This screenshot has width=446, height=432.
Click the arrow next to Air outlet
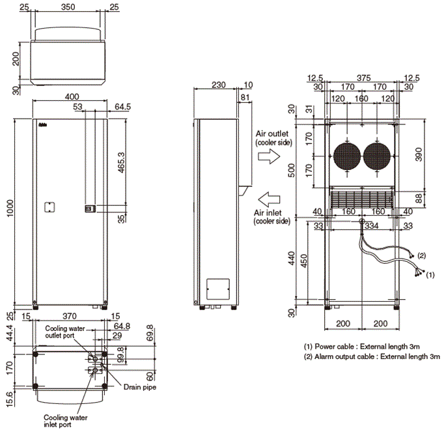(268, 156)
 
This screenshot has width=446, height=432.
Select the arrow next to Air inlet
(268, 197)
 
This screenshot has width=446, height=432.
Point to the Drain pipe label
(140, 386)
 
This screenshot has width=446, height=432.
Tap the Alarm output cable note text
(372, 356)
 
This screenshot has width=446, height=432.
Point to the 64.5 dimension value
(122, 106)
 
